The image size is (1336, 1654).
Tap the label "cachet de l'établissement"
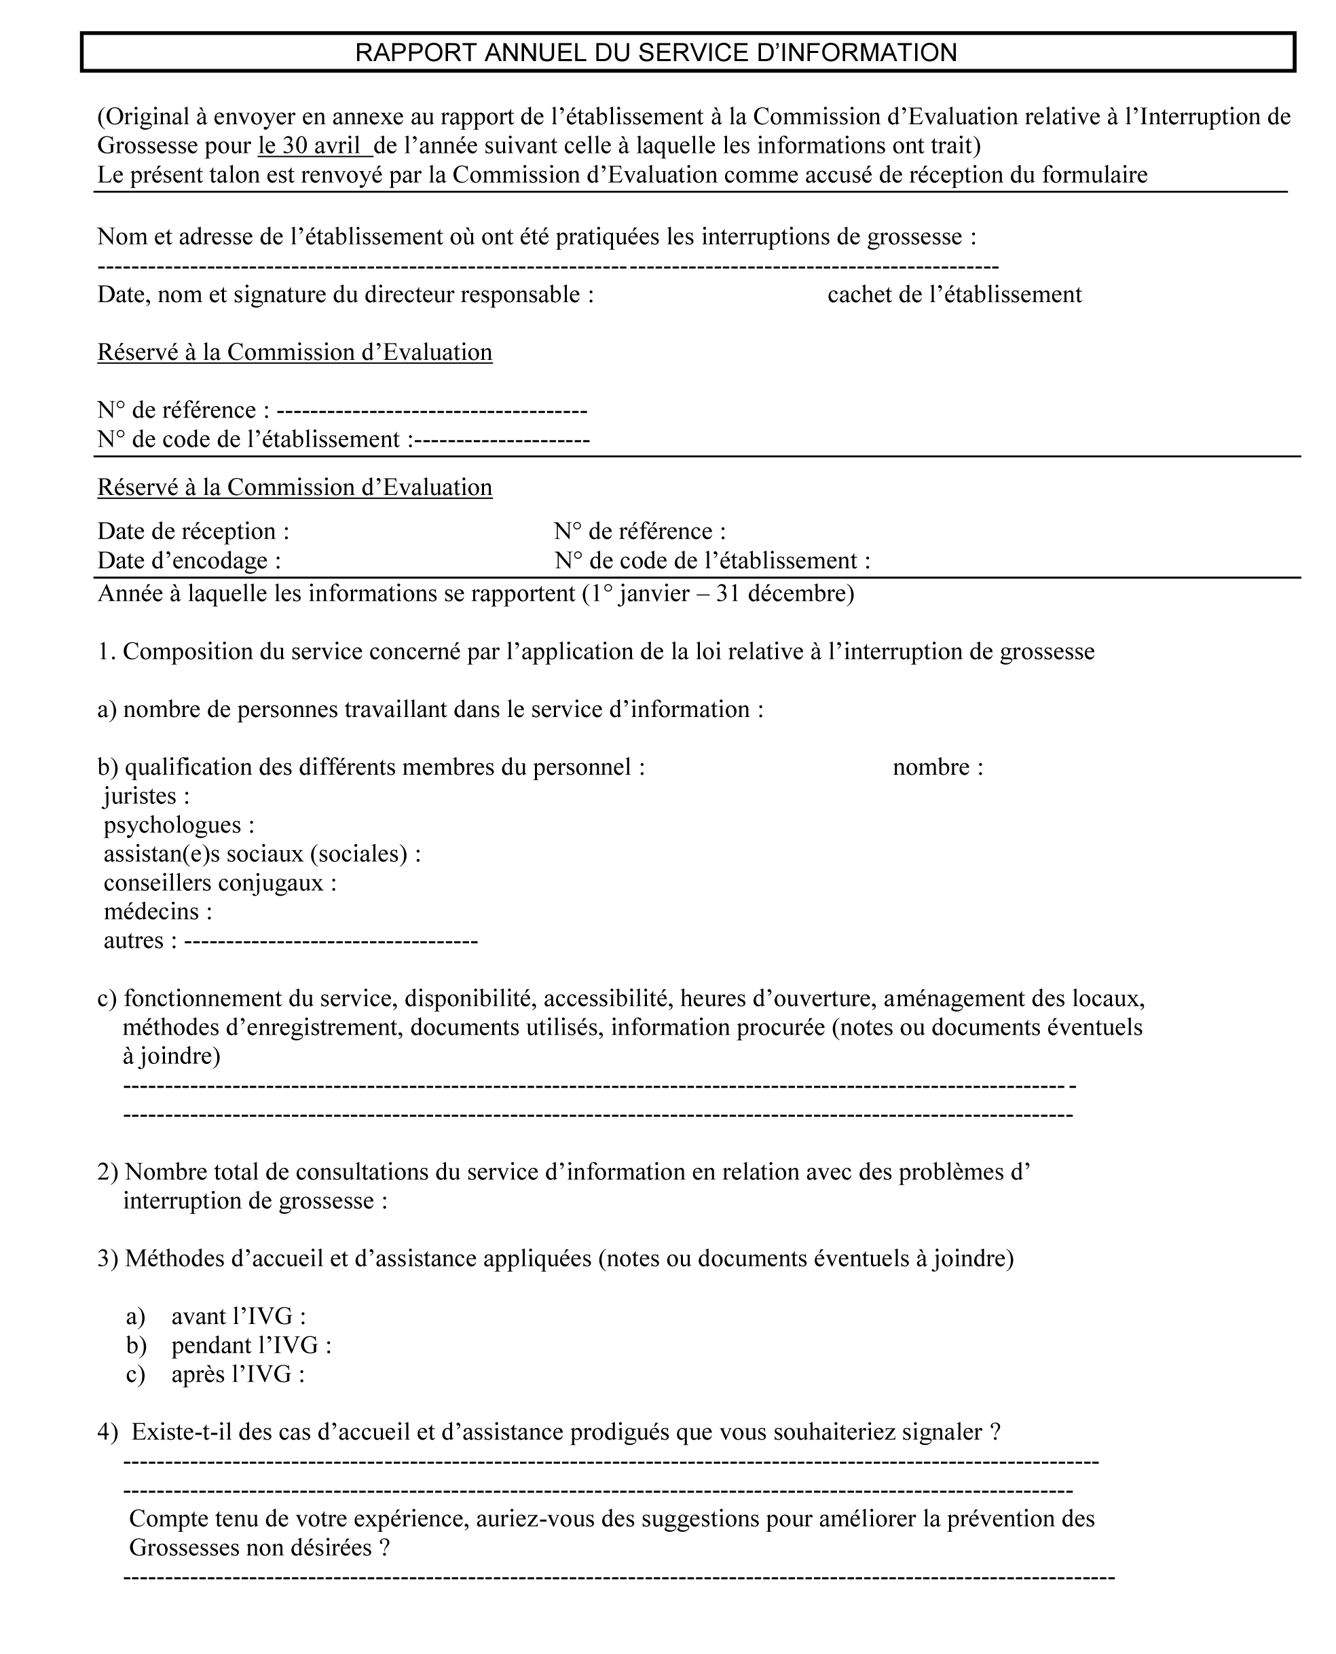(x=954, y=295)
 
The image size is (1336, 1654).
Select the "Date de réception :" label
(x=193, y=531)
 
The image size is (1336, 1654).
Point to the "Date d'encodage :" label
(x=189, y=560)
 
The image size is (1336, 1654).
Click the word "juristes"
(x=140, y=796)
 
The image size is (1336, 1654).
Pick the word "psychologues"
(x=172, y=825)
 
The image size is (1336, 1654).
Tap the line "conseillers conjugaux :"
(x=220, y=883)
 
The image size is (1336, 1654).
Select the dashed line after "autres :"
(x=331, y=941)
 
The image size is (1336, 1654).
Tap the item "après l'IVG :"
(x=238, y=1375)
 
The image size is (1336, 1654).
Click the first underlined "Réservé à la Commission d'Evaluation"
(x=295, y=352)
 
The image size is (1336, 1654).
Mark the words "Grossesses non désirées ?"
(x=259, y=1548)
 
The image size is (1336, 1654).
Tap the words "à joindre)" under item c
(x=172, y=1056)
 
